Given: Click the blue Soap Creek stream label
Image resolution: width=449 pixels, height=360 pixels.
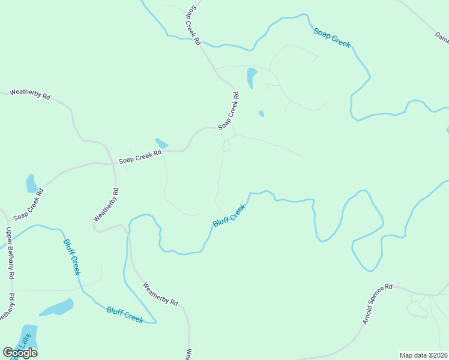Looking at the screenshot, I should (331, 37).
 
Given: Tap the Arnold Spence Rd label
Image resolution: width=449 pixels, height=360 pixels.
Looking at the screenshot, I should (376, 304).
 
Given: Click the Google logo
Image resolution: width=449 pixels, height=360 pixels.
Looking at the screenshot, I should (20, 352).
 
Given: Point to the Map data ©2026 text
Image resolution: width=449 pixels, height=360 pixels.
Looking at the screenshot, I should (423, 355).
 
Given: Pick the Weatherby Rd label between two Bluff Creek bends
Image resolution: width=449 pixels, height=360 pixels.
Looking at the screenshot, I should (161, 293).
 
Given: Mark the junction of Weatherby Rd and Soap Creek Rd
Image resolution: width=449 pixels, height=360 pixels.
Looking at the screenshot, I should (115, 163).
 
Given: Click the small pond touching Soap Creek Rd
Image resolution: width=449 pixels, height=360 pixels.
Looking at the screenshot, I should (161, 143).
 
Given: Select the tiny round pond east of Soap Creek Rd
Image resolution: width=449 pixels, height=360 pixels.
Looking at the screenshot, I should (261, 113).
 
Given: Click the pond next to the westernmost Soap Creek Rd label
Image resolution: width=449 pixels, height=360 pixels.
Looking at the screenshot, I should (31, 183).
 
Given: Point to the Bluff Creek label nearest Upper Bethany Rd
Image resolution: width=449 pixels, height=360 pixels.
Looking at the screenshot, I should (71, 257).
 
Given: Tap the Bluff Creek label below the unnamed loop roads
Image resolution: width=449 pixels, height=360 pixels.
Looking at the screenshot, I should (229, 215).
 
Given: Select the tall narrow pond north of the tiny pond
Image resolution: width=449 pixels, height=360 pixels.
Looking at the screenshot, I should (252, 77).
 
